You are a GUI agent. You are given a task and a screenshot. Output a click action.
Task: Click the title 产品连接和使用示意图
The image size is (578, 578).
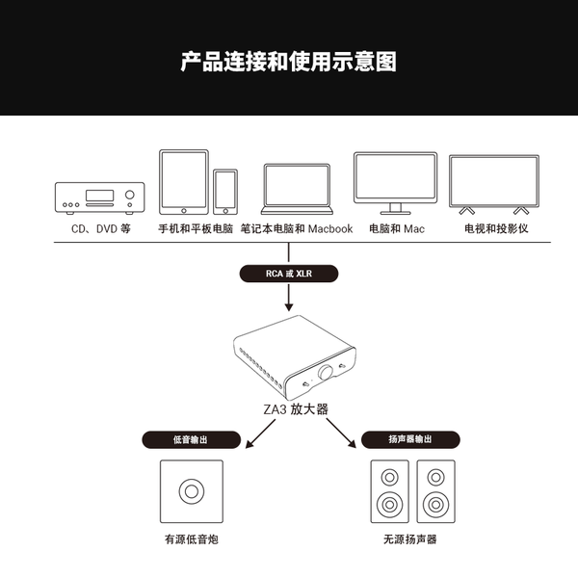tap(289, 63)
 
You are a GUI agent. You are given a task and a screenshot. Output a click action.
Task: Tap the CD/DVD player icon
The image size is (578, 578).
tap(99, 197)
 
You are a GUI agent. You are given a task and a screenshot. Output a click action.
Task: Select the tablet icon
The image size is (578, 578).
tap(184, 182)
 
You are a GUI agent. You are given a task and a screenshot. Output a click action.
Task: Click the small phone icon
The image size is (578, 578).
tap(225, 192)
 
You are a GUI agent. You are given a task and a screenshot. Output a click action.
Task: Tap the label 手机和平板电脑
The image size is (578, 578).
tap(196, 229)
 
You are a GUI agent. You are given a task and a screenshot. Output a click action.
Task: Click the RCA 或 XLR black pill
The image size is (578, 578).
tap(289, 275)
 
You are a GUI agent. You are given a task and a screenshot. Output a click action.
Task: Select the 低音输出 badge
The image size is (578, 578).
tap(190, 439)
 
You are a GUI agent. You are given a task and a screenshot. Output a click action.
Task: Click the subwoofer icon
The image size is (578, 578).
tap(192, 491)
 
